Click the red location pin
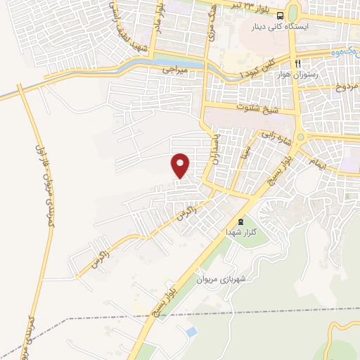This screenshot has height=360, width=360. pos(181,165)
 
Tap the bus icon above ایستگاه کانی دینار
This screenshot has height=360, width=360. pos(281,16)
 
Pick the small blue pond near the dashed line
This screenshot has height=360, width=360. pos(191,330)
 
